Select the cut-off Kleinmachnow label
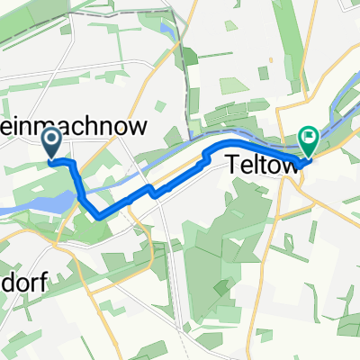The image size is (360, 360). click(72, 128)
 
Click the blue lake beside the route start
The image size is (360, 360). click(56, 202)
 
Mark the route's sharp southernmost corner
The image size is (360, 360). click(96, 214)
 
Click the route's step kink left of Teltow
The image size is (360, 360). click(209, 158)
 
